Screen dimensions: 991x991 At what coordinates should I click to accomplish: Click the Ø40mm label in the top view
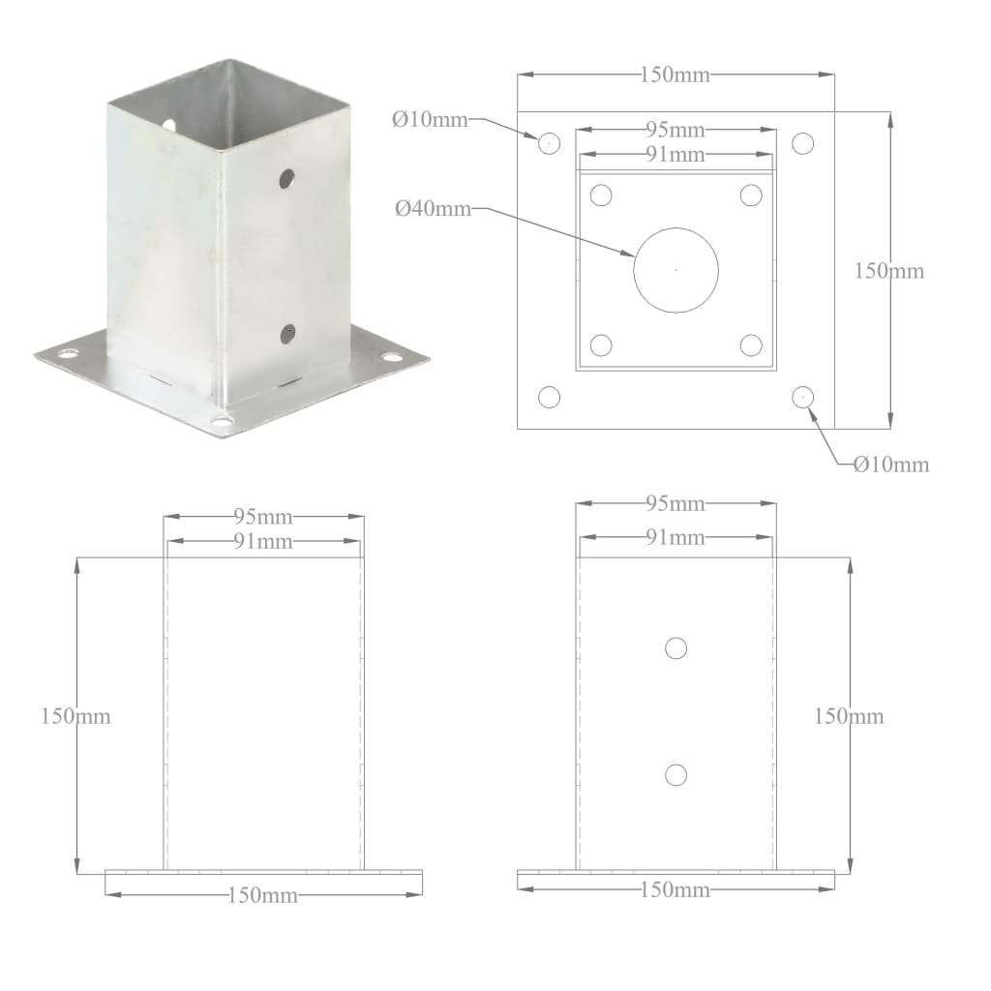[x=433, y=208]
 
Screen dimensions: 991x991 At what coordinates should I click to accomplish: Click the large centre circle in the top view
[x=676, y=270]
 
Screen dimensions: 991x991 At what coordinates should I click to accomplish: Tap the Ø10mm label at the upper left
[x=430, y=120]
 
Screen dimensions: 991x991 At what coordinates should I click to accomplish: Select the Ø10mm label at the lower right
[x=890, y=465]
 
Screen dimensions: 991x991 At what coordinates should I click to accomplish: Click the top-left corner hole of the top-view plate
[x=549, y=143]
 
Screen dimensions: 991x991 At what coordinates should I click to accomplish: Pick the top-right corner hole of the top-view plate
[x=802, y=143]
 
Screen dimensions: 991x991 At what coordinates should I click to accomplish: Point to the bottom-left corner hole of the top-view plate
[x=549, y=397]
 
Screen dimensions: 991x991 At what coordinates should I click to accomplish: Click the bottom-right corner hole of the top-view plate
[x=802, y=396]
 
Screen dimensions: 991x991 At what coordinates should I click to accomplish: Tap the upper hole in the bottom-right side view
[x=676, y=648]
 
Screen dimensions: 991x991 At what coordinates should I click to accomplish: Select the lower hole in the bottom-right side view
[x=676, y=774]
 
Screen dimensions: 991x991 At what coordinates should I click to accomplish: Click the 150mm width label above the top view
[x=675, y=75]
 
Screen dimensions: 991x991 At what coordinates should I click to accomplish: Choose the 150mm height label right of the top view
[x=889, y=271]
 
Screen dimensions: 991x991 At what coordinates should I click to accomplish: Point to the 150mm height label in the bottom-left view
[x=75, y=716]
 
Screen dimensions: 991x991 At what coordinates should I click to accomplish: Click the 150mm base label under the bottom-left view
[x=262, y=895]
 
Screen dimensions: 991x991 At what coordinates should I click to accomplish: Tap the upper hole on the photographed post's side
[x=286, y=178]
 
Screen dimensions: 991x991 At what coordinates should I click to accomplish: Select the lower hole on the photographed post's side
[x=287, y=334]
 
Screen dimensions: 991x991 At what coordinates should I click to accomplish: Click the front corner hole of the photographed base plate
[x=223, y=422]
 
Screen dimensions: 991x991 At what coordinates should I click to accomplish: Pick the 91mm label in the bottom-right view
[x=675, y=537]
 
